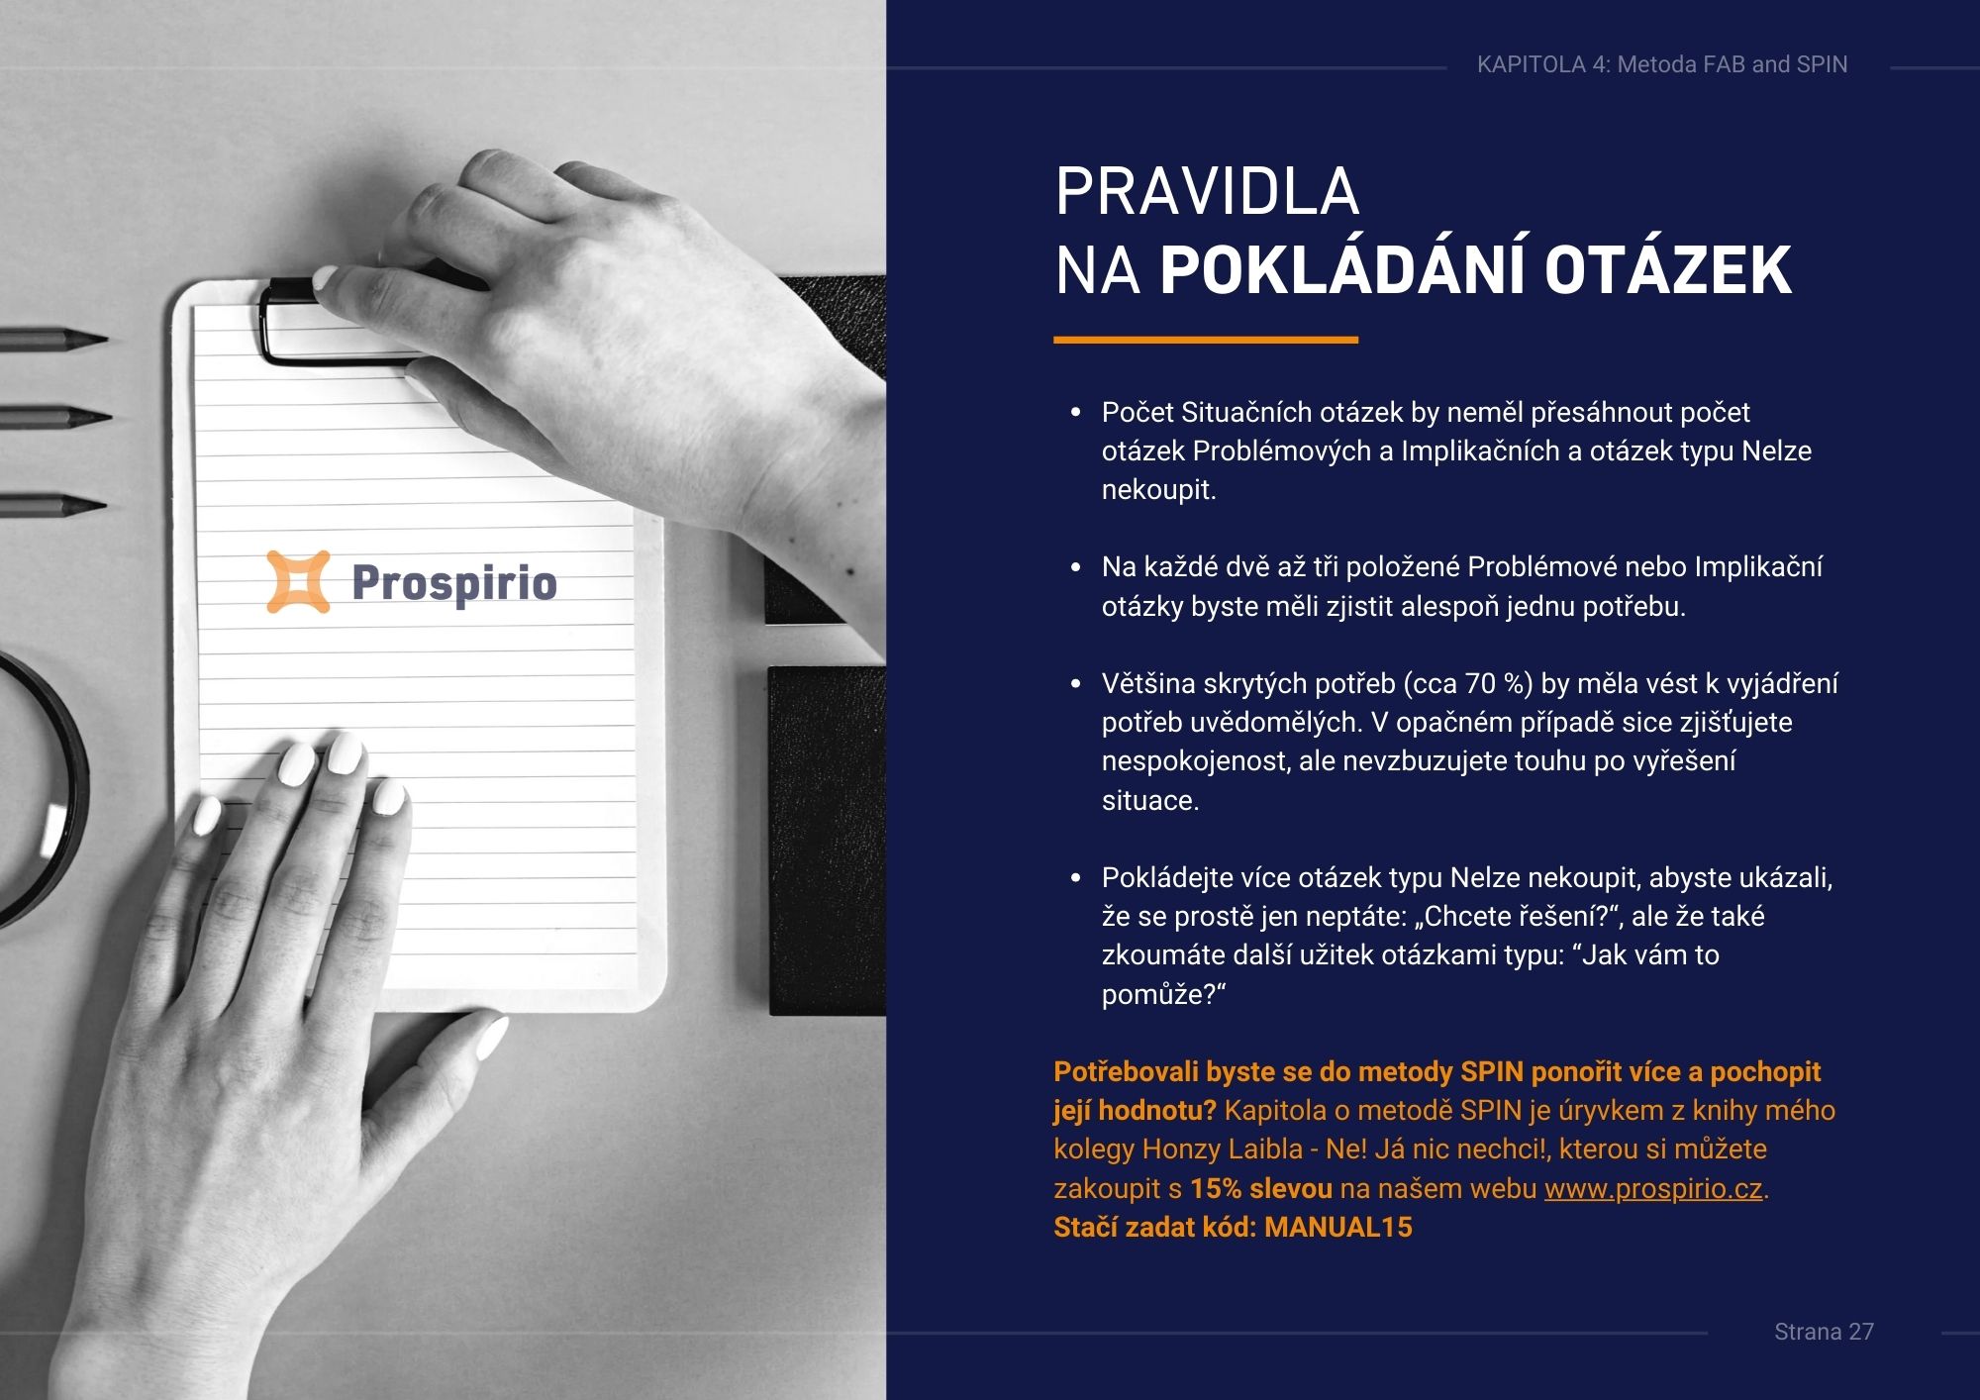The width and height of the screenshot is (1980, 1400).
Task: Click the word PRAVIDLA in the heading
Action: [1207, 191]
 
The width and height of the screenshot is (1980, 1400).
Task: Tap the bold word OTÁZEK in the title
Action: [1668, 270]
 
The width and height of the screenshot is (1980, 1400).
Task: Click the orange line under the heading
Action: [1206, 340]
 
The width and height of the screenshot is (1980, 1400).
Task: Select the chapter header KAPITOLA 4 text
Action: [1662, 64]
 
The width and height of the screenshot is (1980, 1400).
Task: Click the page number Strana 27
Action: [1824, 1332]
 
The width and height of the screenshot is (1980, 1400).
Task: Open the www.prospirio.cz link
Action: [1653, 1188]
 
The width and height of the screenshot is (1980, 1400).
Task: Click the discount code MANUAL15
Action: [1338, 1227]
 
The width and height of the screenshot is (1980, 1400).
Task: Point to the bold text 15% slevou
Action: [1261, 1188]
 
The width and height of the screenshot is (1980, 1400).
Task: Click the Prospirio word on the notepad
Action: [454, 583]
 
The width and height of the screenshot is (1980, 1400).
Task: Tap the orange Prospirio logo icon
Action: [298, 581]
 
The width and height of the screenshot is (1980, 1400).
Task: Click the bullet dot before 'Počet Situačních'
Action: [1076, 413]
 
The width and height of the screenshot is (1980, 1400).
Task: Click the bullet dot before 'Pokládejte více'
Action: [1076, 878]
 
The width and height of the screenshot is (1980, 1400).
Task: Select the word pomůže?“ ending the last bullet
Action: [1163, 995]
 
